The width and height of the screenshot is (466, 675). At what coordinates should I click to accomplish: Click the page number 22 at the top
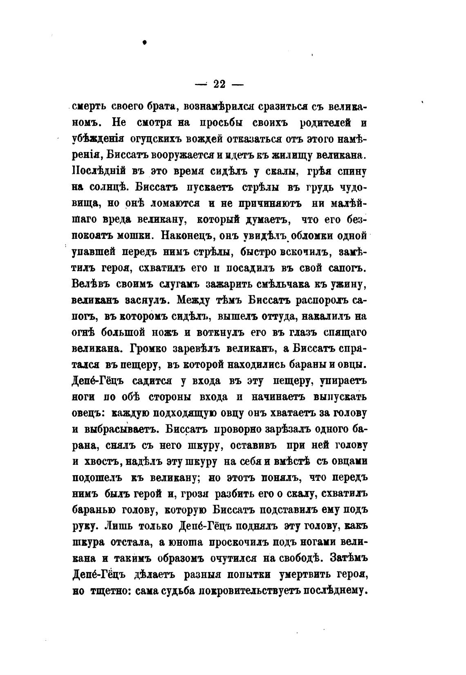pos(220,84)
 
